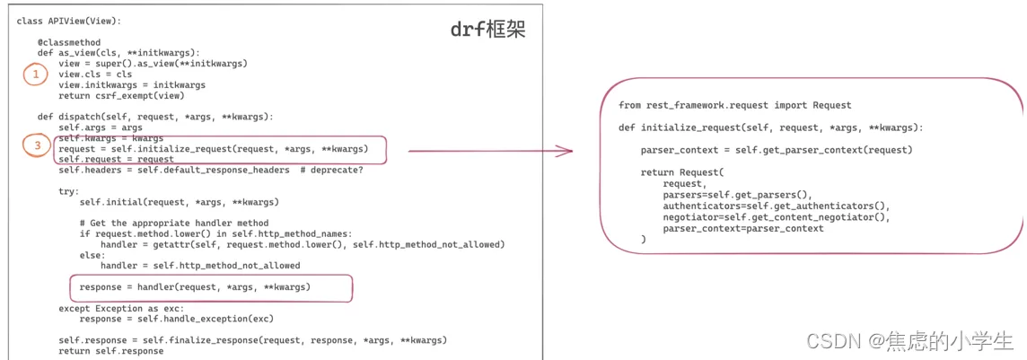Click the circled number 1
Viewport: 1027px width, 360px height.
tap(35, 75)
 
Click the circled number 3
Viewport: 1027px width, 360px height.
tap(35, 145)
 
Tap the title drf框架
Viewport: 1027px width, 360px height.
tap(488, 31)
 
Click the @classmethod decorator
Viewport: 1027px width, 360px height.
tap(69, 42)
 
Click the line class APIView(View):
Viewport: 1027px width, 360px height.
tap(69, 21)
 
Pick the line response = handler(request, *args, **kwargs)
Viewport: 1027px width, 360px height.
tap(195, 286)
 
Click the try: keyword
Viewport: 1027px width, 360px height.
tap(69, 191)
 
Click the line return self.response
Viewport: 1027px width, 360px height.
tap(110, 351)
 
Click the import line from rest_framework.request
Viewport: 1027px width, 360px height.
tap(735, 105)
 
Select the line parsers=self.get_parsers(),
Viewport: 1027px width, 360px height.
tap(737, 195)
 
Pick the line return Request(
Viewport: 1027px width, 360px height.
tap(681, 172)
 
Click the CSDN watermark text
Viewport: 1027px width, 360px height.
tap(909, 340)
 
